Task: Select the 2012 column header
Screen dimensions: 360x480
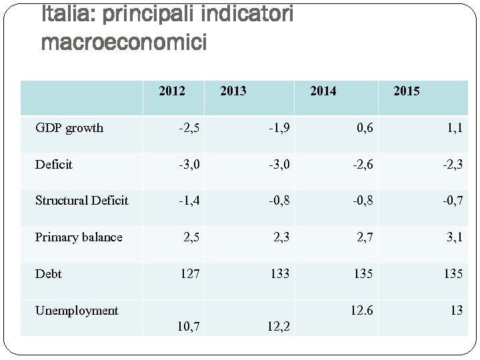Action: [x=172, y=91]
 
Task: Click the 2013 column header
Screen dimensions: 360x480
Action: [x=233, y=91]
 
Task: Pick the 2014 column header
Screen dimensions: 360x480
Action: [x=323, y=91]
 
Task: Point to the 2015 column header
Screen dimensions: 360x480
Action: [x=407, y=91]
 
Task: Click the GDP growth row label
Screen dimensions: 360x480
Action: [x=69, y=128]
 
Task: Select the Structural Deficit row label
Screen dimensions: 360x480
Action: [x=81, y=200]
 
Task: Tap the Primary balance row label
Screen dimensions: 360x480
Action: [x=79, y=237]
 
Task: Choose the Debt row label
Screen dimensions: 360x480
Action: [x=48, y=273]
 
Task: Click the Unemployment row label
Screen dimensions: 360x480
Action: [x=77, y=310]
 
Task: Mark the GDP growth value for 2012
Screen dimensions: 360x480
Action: [x=189, y=128]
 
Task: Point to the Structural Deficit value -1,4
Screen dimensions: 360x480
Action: [x=189, y=200]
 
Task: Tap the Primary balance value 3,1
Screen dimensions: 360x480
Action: [x=455, y=237]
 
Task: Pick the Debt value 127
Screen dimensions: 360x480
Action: [x=189, y=273]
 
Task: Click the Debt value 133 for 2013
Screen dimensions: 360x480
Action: [x=279, y=273]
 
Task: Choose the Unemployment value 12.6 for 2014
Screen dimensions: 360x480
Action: [x=362, y=310]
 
